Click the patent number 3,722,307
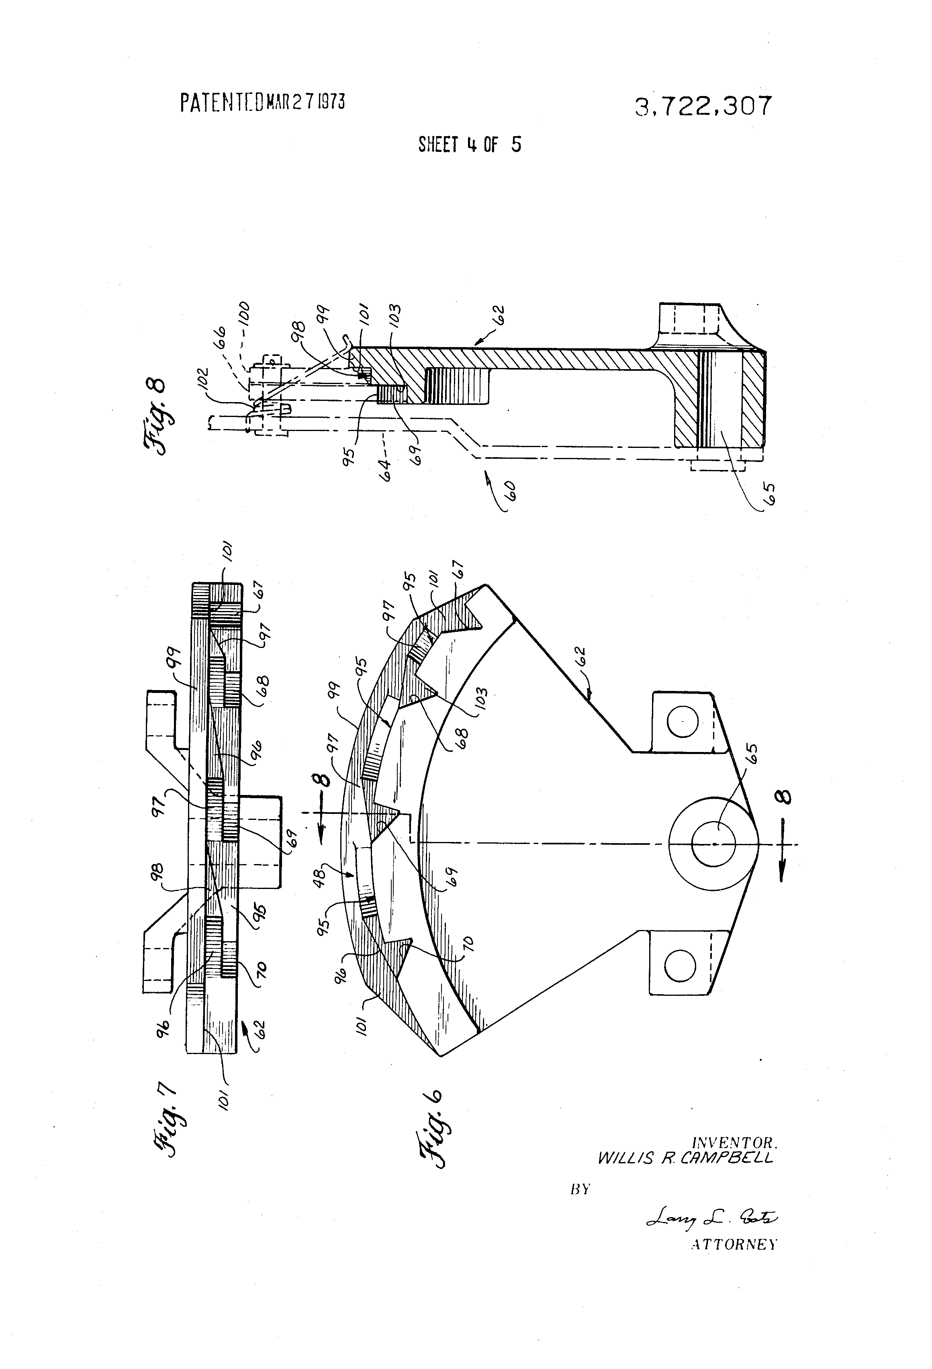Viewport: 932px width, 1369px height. click(703, 106)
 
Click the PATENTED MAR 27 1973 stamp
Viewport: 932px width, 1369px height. click(262, 102)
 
